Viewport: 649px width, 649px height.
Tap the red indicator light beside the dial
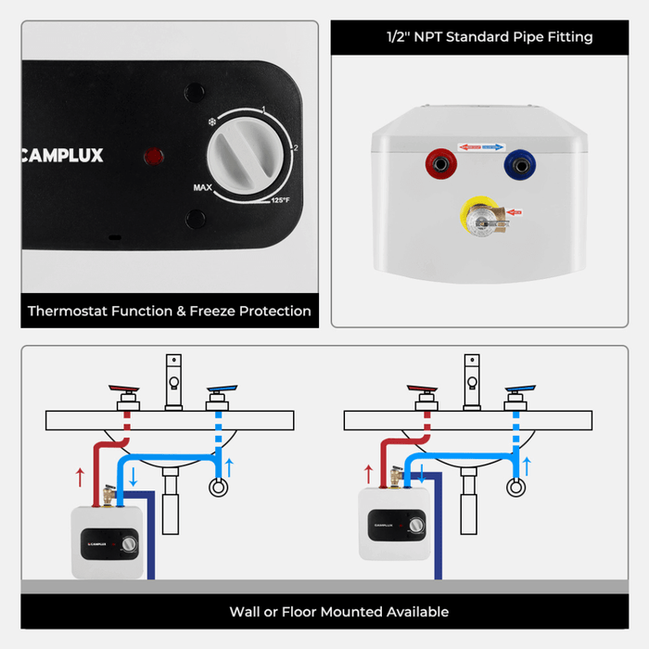[x=151, y=156]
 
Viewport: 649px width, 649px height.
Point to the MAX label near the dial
[x=204, y=187]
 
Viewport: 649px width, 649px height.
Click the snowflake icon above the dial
[x=210, y=121]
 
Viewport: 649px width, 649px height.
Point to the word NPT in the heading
[x=427, y=37]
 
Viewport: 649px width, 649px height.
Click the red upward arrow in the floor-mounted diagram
[x=81, y=477]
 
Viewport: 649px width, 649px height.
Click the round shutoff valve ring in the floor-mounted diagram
[x=219, y=487]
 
